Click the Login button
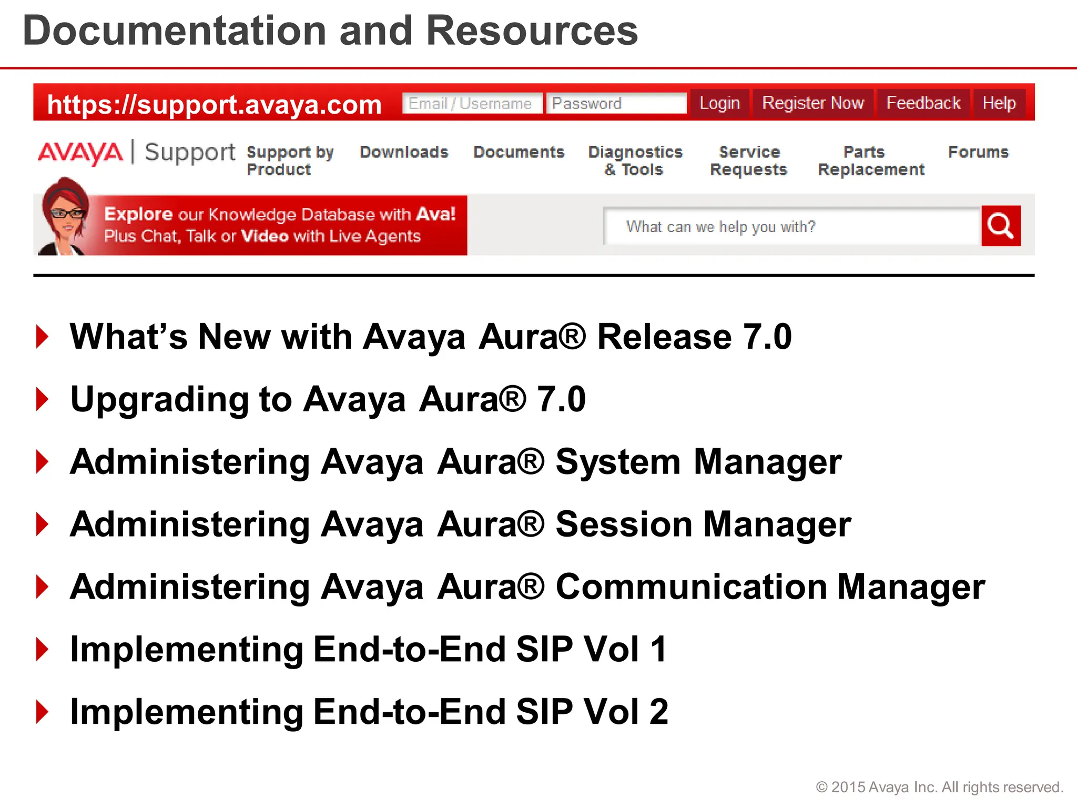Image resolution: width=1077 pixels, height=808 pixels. click(719, 103)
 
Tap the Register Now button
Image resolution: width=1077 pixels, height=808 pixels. click(813, 103)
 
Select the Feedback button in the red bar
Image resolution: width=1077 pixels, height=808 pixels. click(923, 103)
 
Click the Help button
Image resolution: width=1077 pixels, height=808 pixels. click(999, 103)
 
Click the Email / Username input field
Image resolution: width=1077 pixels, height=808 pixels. click(472, 104)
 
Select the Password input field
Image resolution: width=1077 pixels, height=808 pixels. click(616, 104)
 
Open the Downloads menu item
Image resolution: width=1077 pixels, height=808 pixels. click(404, 152)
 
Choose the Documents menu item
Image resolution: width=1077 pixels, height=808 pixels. click(519, 152)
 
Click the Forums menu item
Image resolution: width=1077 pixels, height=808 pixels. click(978, 152)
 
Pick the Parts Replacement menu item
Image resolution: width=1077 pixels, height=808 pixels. click(871, 161)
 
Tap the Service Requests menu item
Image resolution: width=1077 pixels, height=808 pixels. click(748, 161)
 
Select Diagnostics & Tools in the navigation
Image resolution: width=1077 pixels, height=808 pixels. click(635, 161)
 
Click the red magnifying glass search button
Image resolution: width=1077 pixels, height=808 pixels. click(1001, 226)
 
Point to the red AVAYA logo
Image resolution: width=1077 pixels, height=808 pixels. click(80, 153)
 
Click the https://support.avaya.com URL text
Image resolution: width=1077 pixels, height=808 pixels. click(214, 105)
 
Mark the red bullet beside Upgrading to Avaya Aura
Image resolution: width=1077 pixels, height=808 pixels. click(43, 399)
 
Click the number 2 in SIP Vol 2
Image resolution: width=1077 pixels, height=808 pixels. click(658, 712)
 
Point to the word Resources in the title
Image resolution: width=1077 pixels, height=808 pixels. click(532, 31)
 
